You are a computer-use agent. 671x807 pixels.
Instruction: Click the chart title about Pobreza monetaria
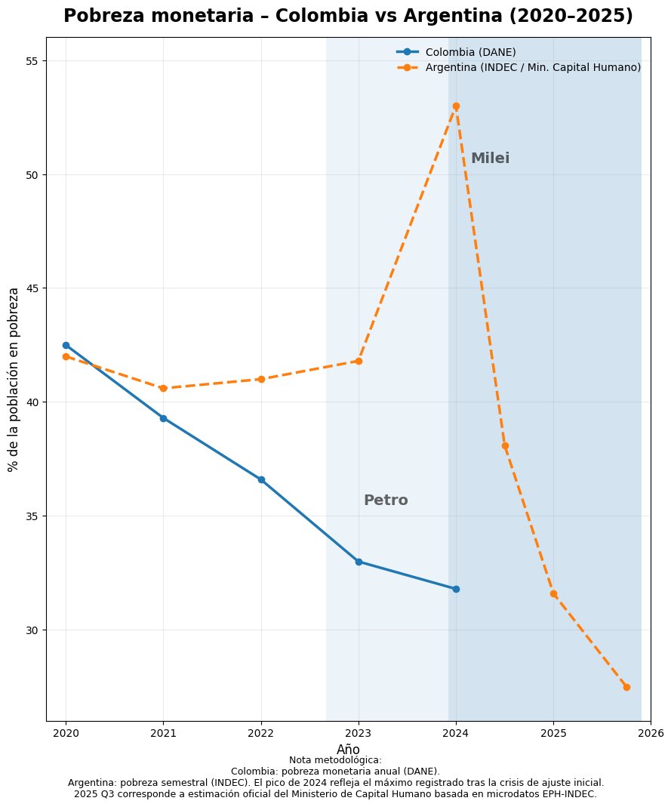[x=348, y=17]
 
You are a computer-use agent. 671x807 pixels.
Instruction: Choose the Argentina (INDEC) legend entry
[x=533, y=67]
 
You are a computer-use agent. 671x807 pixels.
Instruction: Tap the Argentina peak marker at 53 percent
[x=456, y=106]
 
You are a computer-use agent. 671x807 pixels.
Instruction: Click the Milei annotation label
[x=490, y=159]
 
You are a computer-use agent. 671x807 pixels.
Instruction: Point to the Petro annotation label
[x=386, y=501]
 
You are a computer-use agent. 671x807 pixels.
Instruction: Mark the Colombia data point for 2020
[x=66, y=345]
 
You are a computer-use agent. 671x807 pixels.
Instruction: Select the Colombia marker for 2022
[x=261, y=479]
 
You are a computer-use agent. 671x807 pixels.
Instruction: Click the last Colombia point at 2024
[x=456, y=589]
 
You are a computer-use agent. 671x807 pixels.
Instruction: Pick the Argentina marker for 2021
[x=163, y=388]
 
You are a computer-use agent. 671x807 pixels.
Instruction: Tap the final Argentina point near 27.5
[x=626, y=687]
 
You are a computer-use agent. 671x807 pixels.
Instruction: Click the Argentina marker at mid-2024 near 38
[x=505, y=445]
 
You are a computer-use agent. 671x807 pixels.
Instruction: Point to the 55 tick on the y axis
[x=33, y=61]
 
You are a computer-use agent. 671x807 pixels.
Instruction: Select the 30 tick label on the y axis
[x=33, y=630]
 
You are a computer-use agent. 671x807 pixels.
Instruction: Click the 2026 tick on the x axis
[x=651, y=733]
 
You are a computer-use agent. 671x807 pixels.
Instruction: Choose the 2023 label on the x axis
[x=359, y=733]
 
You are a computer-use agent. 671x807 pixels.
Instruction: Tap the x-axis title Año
[x=348, y=749]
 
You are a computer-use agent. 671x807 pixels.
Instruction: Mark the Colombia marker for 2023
[x=359, y=562]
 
